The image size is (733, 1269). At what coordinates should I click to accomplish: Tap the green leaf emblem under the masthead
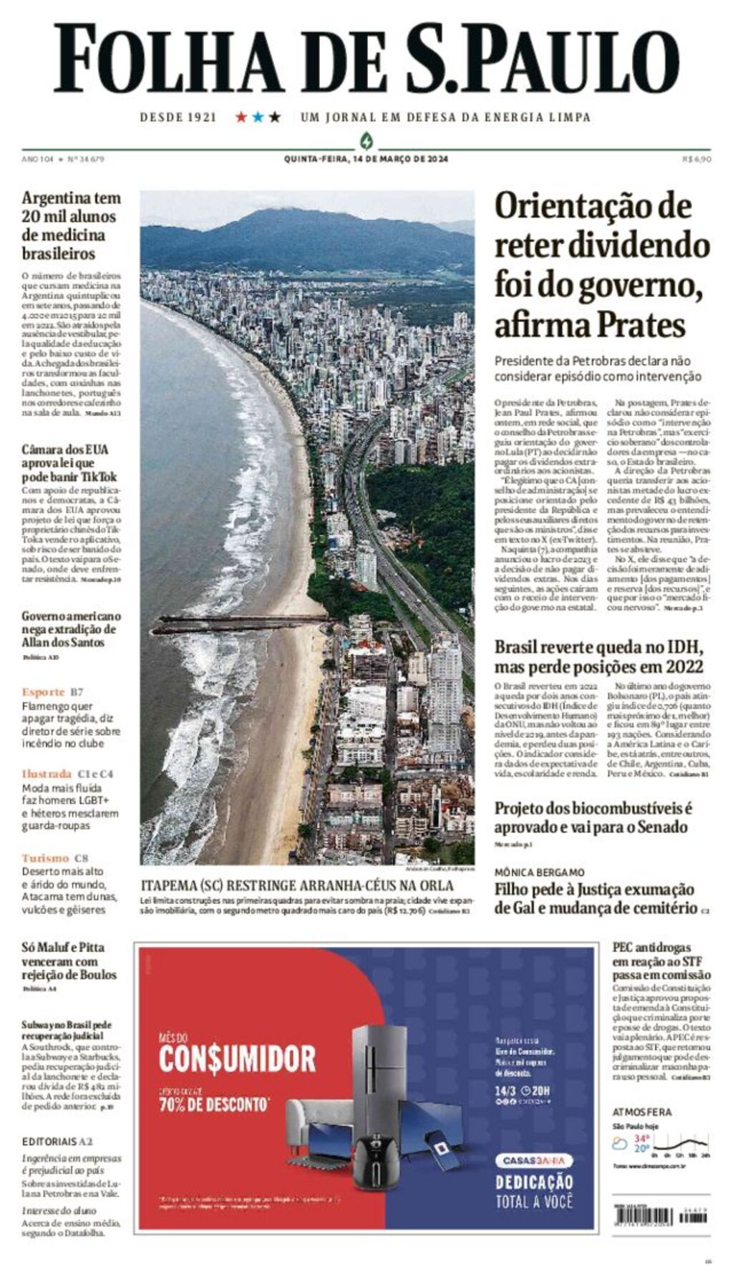tap(366, 140)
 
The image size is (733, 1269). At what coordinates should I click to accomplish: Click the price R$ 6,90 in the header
tap(696, 159)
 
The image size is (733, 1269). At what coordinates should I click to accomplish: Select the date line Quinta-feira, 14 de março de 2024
tap(366, 159)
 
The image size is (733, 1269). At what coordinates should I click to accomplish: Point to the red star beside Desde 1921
tap(241, 117)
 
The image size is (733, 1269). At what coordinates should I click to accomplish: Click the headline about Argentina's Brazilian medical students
tap(71, 225)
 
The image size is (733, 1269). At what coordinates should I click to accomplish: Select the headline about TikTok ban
tap(69, 463)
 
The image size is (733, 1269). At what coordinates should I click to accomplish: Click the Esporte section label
tap(43, 692)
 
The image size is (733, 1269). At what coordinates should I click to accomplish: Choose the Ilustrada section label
tap(47, 774)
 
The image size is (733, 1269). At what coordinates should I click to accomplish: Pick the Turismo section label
tap(45, 858)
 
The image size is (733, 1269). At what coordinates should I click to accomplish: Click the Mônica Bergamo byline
tap(539, 872)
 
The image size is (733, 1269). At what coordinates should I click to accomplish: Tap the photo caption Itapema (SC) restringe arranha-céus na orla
tap(297, 885)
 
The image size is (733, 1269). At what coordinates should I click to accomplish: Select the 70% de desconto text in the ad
tap(214, 1104)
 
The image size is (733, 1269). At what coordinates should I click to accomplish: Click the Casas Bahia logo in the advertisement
tap(534, 1160)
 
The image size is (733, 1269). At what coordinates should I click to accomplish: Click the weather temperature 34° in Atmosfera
tap(641, 1138)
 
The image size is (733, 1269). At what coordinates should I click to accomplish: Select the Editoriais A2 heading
tap(57, 1142)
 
